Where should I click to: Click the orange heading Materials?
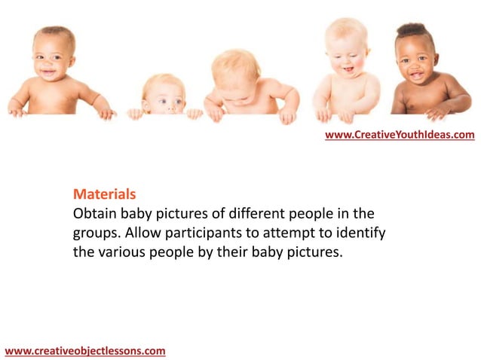point(104,194)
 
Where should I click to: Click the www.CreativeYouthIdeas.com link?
point(400,135)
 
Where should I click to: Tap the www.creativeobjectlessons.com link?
point(84,350)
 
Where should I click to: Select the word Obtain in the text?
point(95,213)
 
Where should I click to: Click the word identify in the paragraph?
point(360,233)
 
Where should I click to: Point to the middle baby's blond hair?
point(235,64)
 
